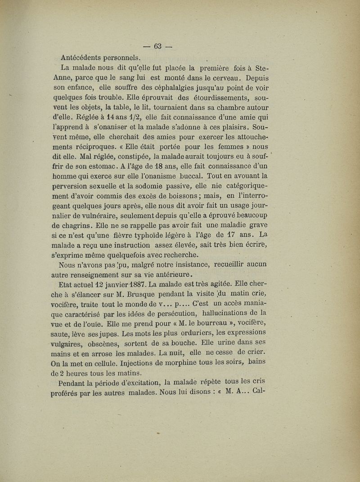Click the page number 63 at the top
pyautogui.click(x=157, y=46)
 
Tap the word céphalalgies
pyautogui.click(x=164, y=89)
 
